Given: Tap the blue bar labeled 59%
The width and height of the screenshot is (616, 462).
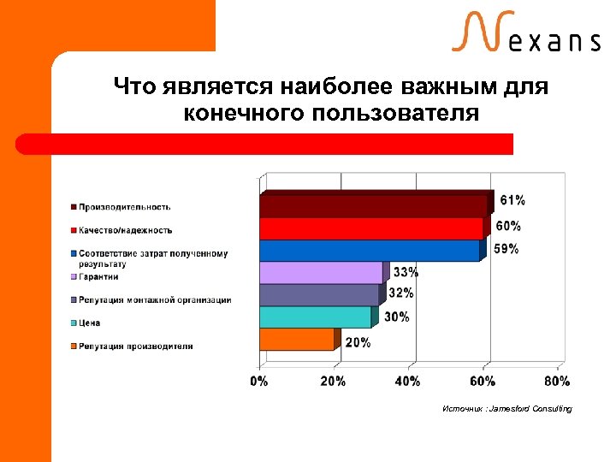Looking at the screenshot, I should pos(369,251).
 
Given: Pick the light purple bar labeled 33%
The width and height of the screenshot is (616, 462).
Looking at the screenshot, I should pos(321,273).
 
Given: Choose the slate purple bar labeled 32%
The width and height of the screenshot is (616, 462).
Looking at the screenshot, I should pos(319,295).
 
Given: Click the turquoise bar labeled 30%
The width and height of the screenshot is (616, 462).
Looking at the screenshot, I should pos(315,317).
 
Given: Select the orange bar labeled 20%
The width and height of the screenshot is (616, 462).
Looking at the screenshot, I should pos(296,340).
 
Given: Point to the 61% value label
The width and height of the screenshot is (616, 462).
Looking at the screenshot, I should pos(512,200).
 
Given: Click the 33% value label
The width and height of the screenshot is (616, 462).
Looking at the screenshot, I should pos(406,273).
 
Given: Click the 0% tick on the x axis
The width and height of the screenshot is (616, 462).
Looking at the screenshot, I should pos(259,381).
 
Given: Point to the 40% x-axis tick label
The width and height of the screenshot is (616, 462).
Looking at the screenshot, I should pos(408,381).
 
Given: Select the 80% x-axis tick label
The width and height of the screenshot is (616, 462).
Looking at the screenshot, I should pos(557,381).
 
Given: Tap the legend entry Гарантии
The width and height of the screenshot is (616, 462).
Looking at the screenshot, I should pos(99,276).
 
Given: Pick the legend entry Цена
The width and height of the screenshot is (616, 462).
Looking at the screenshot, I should pos(91,323).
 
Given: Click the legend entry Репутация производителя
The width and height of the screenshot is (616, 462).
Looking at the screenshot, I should pos(136,346).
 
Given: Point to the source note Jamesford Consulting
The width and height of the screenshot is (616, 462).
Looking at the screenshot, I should pos(507,409).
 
